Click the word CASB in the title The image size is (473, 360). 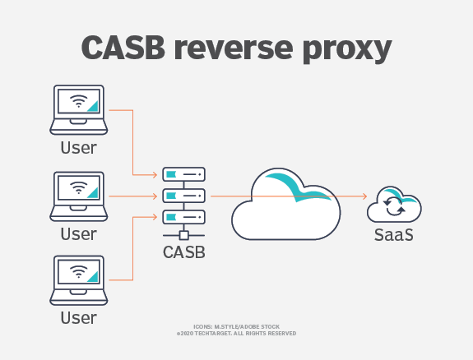coord(123,48)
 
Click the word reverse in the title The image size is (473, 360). coord(234,48)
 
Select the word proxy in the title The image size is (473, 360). coord(347,51)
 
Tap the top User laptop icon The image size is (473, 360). coord(79,110)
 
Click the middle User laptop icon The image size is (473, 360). coord(79,196)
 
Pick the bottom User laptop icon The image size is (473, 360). coord(79,280)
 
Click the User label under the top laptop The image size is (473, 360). coord(79,148)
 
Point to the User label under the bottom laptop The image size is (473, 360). coord(79,318)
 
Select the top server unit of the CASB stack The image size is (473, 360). coord(184,174)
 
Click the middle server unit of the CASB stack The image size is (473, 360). coord(184,196)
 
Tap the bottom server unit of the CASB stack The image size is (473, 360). coord(184,217)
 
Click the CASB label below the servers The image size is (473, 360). coord(184,252)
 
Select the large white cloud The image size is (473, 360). coord(286,204)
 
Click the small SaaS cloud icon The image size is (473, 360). coord(394,204)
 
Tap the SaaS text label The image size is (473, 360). coord(394,234)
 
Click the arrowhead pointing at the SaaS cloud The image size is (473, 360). coord(364,196)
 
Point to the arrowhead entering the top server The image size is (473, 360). coord(155,174)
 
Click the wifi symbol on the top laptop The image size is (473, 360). coord(79,101)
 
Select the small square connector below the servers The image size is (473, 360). coord(184,235)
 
